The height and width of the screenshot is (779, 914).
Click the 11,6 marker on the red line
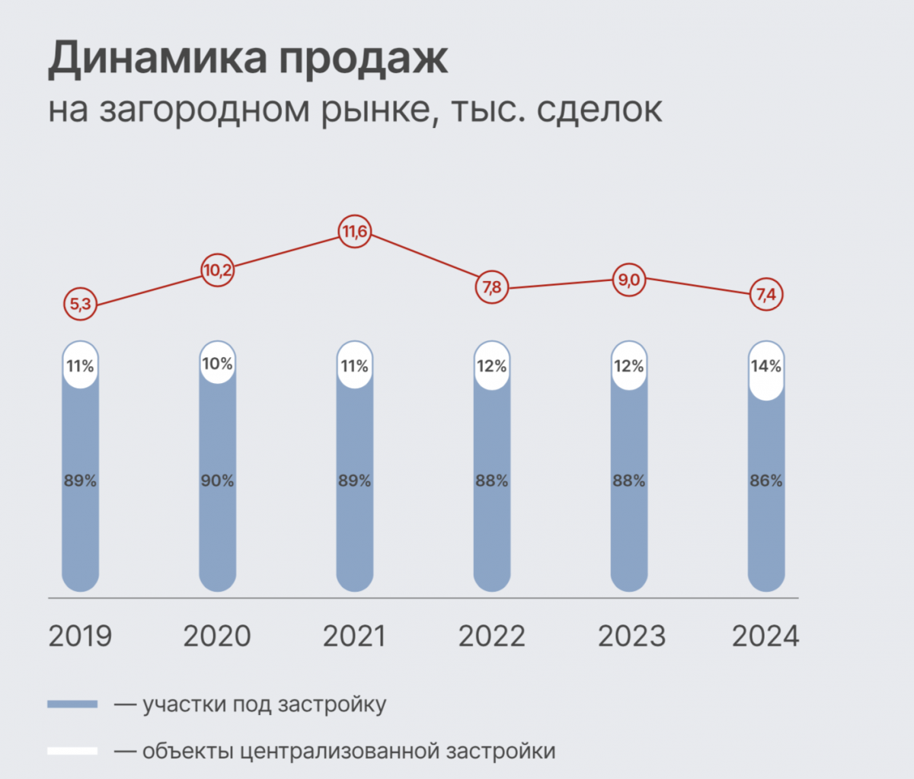point(354,231)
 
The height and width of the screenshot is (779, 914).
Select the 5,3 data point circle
point(80,305)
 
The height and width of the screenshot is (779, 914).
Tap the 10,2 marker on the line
point(217,270)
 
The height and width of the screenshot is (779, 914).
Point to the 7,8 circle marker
point(491,287)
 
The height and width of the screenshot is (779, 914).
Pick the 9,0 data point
point(628,280)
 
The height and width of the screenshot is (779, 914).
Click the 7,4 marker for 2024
point(765,295)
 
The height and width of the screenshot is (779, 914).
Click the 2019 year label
point(80,636)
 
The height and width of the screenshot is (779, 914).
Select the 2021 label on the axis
point(354,636)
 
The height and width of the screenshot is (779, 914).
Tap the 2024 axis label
point(765,636)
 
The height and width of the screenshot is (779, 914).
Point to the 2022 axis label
point(491,636)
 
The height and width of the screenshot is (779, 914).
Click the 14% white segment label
point(765,366)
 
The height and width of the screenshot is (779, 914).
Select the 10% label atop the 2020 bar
point(217,364)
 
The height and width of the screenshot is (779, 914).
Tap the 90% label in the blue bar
point(217,480)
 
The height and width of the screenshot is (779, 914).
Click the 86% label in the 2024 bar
point(765,480)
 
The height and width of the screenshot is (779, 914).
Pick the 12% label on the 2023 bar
point(628,366)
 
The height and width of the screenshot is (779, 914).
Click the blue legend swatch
point(72,704)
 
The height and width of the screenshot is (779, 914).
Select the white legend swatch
point(72,751)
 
